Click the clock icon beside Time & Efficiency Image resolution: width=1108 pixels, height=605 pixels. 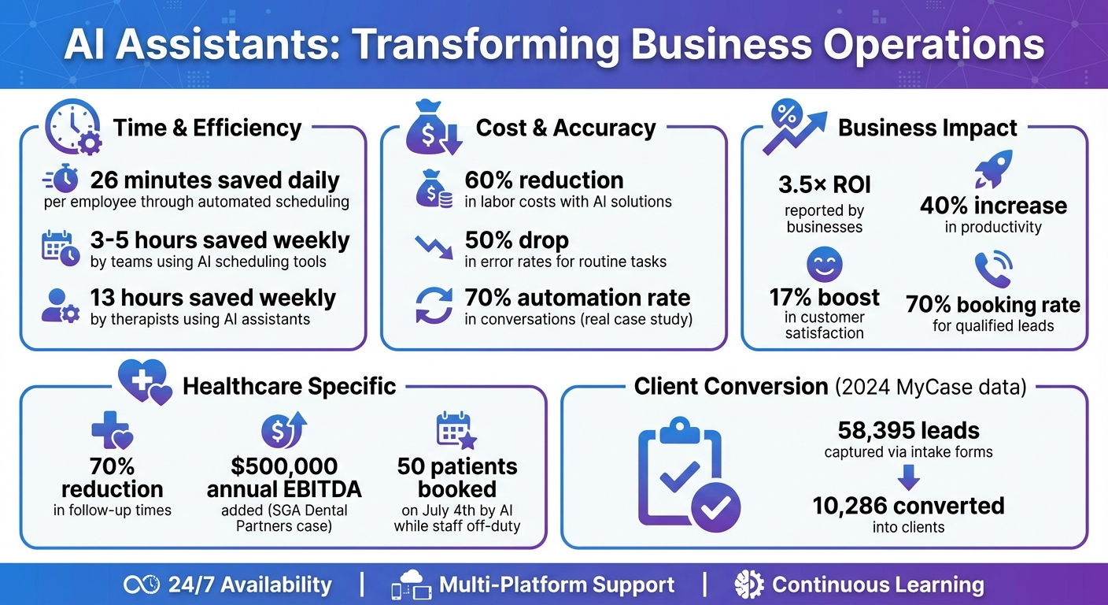73,127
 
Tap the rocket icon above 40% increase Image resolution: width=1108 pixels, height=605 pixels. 993,169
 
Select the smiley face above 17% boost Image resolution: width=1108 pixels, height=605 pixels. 824,265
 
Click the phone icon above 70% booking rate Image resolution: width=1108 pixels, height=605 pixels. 993,269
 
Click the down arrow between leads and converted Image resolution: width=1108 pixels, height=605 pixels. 909,477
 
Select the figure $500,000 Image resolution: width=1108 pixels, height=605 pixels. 284,466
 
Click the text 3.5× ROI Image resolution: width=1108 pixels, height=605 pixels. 824,184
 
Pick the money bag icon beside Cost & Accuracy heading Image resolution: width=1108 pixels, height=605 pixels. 434,128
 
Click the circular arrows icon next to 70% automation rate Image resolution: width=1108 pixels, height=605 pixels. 434,306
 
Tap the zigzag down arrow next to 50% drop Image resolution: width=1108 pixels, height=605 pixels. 434,247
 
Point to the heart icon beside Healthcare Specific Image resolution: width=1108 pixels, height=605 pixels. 146,382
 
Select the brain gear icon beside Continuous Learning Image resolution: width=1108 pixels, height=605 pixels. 749,585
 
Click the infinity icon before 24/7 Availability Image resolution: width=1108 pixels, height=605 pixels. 142,585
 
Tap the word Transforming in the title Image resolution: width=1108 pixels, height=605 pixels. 487,46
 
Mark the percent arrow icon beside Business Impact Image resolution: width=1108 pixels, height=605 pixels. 794,128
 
